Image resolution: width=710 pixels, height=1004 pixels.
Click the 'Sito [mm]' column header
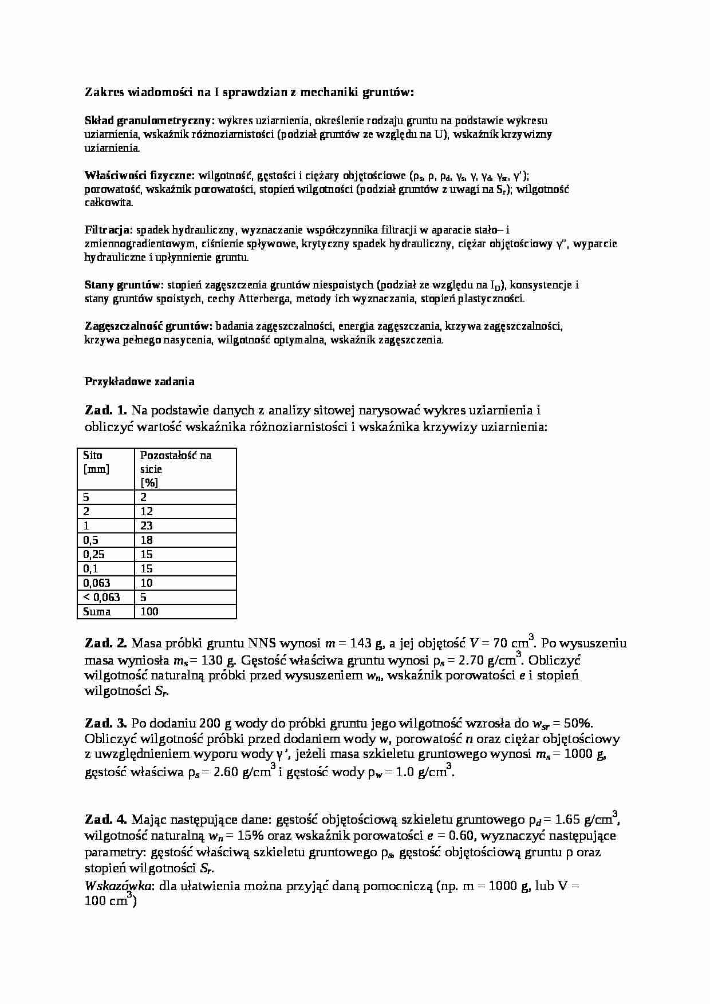click(x=96, y=462)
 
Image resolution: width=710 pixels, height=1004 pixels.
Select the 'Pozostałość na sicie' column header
click(x=176, y=468)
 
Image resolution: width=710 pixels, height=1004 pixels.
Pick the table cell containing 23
click(x=147, y=525)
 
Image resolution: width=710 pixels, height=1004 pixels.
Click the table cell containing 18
click(x=147, y=540)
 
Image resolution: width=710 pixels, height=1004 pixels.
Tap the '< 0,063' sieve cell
click(x=102, y=597)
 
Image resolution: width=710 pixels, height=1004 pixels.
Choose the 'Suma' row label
click(x=97, y=611)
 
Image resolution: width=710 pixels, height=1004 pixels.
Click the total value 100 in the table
click(x=149, y=611)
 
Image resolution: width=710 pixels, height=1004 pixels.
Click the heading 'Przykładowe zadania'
click(x=140, y=381)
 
